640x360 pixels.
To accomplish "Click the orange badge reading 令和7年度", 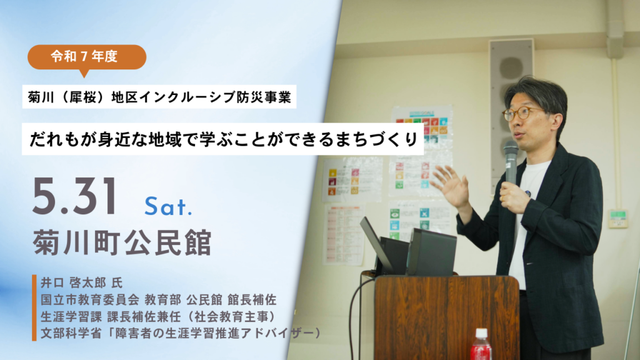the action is point(87,57).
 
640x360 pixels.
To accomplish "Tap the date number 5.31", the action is point(75,197).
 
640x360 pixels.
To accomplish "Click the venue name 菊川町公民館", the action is point(122,242).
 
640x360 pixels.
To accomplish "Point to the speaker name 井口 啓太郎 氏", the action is point(81,282).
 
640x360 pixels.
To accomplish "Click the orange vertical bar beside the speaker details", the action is point(34,307).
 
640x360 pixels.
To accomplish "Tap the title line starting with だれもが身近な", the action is point(223,139).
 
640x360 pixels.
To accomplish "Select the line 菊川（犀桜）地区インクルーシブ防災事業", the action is point(159,97).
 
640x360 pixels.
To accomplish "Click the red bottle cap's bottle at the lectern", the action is point(481,345).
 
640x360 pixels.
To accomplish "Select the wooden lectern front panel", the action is point(447,317).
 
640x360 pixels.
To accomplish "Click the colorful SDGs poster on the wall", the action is point(422,151).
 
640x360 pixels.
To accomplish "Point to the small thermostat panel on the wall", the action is point(618,218).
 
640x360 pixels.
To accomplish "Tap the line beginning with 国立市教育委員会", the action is point(158,300).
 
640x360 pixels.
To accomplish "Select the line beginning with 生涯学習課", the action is point(158,317).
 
